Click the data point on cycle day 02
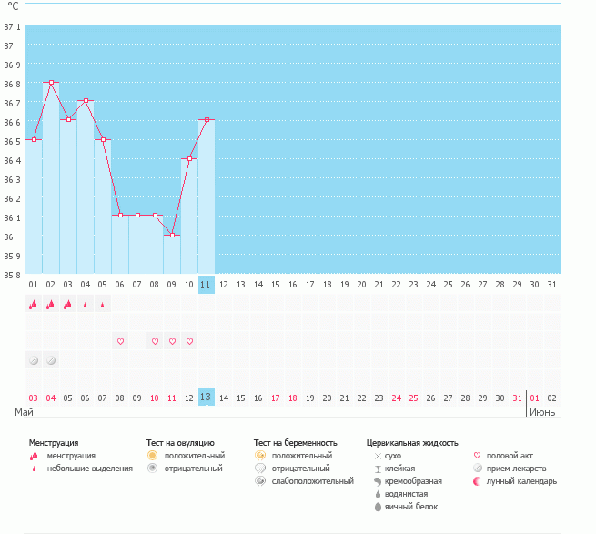coord(51,83)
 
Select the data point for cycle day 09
coord(172,235)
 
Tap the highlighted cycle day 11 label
coord(206,285)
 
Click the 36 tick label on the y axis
coord(13,237)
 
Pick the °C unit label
coord(13,7)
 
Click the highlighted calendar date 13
coord(206,398)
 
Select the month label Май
coord(25,413)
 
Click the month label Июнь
coord(544,413)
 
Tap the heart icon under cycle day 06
coord(120,341)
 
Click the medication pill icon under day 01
coord(34,360)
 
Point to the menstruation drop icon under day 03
coord(68,305)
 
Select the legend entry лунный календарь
coord(521,481)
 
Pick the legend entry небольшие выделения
coord(89,469)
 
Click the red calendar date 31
coord(518,398)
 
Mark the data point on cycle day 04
coord(86,101)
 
